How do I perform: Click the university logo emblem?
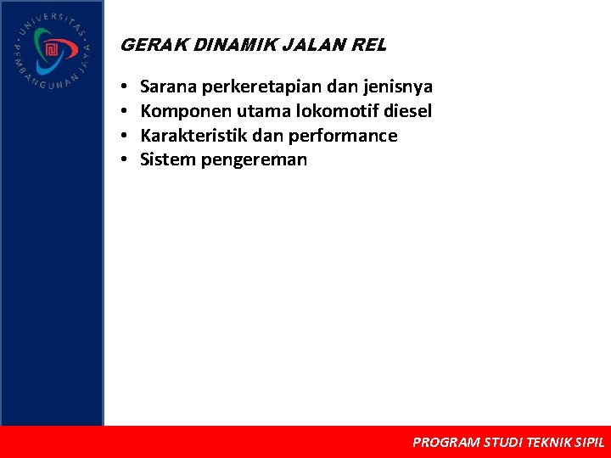tap(51, 52)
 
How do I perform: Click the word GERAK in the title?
tap(143, 45)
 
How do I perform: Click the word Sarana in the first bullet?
tap(168, 87)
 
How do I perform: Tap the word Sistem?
tap(167, 159)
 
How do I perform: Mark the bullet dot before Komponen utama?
tap(124, 111)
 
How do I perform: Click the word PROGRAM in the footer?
tap(445, 442)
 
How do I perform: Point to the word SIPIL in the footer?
tap(590, 442)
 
